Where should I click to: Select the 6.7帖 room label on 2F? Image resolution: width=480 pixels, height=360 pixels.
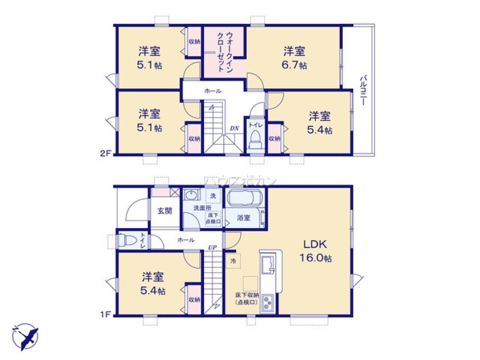coord(294,58)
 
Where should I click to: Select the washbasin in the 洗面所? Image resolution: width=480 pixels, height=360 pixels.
coord(192,195)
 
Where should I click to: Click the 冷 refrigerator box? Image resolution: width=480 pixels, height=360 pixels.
coord(233,261)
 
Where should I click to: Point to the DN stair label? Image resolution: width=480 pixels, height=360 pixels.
coord(234,128)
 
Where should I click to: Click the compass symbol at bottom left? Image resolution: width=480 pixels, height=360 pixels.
coord(25,336)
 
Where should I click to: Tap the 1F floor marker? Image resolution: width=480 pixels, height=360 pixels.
coord(106,315)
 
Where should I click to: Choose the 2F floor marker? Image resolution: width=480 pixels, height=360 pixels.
coord(106,154)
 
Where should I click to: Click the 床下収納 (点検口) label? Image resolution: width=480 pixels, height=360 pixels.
coord(247,299)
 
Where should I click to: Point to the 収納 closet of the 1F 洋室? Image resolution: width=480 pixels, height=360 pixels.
coord(194,300)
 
